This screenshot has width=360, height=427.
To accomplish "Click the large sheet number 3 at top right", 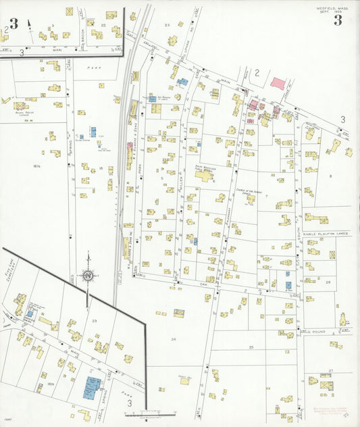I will [337, 20].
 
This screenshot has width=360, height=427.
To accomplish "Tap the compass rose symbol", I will [87, 274].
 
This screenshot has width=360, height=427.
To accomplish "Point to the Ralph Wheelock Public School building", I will [203, 176].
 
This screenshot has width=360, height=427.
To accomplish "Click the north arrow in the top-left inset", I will [29, 24].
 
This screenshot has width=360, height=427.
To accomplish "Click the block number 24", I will [174, 338].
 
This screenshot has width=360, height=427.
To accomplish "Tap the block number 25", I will [251, 347].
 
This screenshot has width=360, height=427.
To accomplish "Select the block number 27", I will [330, 371].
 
